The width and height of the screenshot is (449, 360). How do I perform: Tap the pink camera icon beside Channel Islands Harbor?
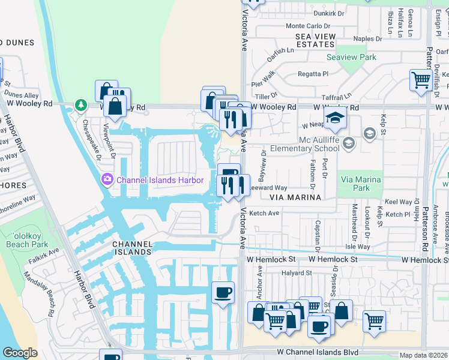coord(107,179)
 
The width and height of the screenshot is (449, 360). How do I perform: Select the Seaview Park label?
coord(351,58)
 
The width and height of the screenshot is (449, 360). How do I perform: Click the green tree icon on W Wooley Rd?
coord(80,106)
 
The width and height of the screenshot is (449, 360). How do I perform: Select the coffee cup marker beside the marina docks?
coord(223,292)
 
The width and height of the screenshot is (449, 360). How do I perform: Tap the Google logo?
coord(20,353)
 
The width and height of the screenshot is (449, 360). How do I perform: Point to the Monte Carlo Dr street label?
coord(308,26)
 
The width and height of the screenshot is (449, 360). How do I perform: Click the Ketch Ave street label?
coord(264,213)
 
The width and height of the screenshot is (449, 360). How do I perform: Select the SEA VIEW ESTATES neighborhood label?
coord(315,41)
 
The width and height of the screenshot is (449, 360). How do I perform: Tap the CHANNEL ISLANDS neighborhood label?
coord(131,248)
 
